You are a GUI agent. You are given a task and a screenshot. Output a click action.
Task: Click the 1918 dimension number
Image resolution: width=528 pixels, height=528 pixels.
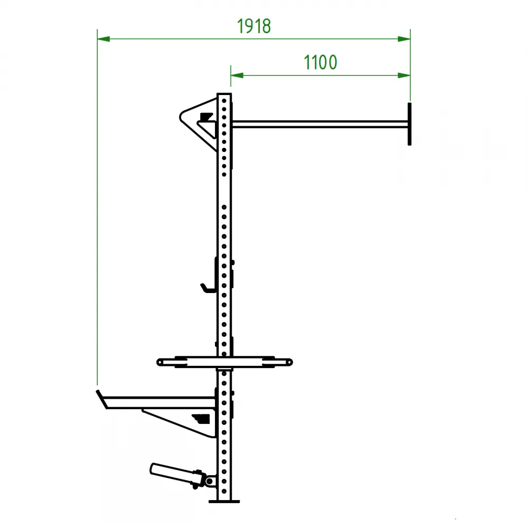(253, 26)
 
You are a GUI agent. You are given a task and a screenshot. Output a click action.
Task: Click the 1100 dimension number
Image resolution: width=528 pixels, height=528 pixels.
(320, 62)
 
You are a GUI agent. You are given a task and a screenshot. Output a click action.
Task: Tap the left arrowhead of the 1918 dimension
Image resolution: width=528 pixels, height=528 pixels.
(103, 39)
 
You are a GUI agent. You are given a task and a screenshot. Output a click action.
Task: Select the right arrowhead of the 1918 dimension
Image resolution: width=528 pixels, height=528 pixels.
(404, 39)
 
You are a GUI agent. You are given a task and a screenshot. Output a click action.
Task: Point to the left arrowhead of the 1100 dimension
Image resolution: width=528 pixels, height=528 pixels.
(237, 75)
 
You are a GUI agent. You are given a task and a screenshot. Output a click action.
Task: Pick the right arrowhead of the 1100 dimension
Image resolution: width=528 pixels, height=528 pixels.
(404, 75)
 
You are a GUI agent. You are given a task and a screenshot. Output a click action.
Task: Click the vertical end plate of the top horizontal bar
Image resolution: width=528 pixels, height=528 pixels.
(410, 124)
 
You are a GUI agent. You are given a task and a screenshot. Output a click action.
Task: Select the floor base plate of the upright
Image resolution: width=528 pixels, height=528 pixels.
(224, 502)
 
